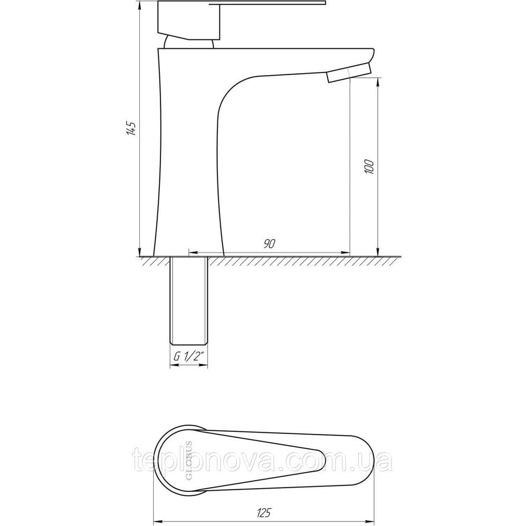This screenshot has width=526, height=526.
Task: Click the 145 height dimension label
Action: point(131,127)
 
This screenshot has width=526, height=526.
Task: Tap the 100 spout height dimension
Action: point(369,166)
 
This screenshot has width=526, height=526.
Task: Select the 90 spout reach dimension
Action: point(269,244)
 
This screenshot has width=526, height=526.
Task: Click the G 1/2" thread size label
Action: point(189,357)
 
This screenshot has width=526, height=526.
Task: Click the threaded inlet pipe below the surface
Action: point(189,300)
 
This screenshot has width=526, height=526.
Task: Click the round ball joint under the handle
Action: point(189,43)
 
